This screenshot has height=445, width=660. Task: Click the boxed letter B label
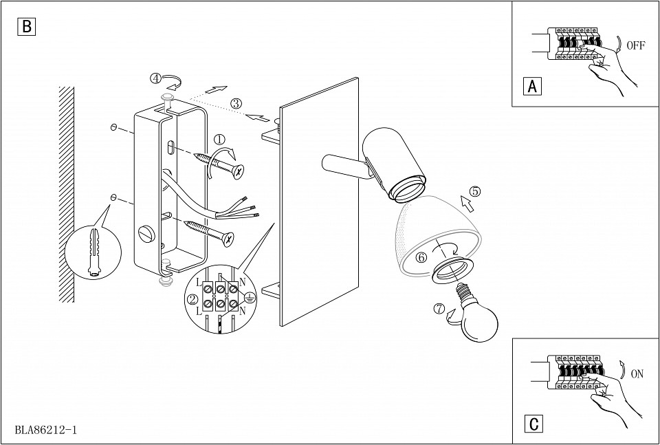coord(27,27)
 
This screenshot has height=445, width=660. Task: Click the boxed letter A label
coord(532,86)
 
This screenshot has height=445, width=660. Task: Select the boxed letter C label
coord(533,424)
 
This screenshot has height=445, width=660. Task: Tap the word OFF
coord(635,45)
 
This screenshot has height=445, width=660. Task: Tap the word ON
coord(637,374)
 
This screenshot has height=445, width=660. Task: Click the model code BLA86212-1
coord(46,430)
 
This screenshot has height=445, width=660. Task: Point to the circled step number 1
coord(219,140)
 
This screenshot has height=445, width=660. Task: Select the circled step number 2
coord(192,300)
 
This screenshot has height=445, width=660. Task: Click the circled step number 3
coord(236,103)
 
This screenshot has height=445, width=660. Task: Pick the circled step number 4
coord(156,78)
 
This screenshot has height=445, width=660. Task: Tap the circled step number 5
coord(475,191)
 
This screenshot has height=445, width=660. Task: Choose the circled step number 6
coord(421,257)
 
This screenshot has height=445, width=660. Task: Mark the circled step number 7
coord(439,309)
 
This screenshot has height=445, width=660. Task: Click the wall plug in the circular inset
coord(93,253)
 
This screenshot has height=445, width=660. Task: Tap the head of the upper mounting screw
coord(239,171)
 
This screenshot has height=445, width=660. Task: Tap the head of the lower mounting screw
coord(228,239)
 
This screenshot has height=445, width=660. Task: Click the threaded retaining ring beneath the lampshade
coord(452,270)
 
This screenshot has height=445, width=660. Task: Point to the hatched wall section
coord(67,194)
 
